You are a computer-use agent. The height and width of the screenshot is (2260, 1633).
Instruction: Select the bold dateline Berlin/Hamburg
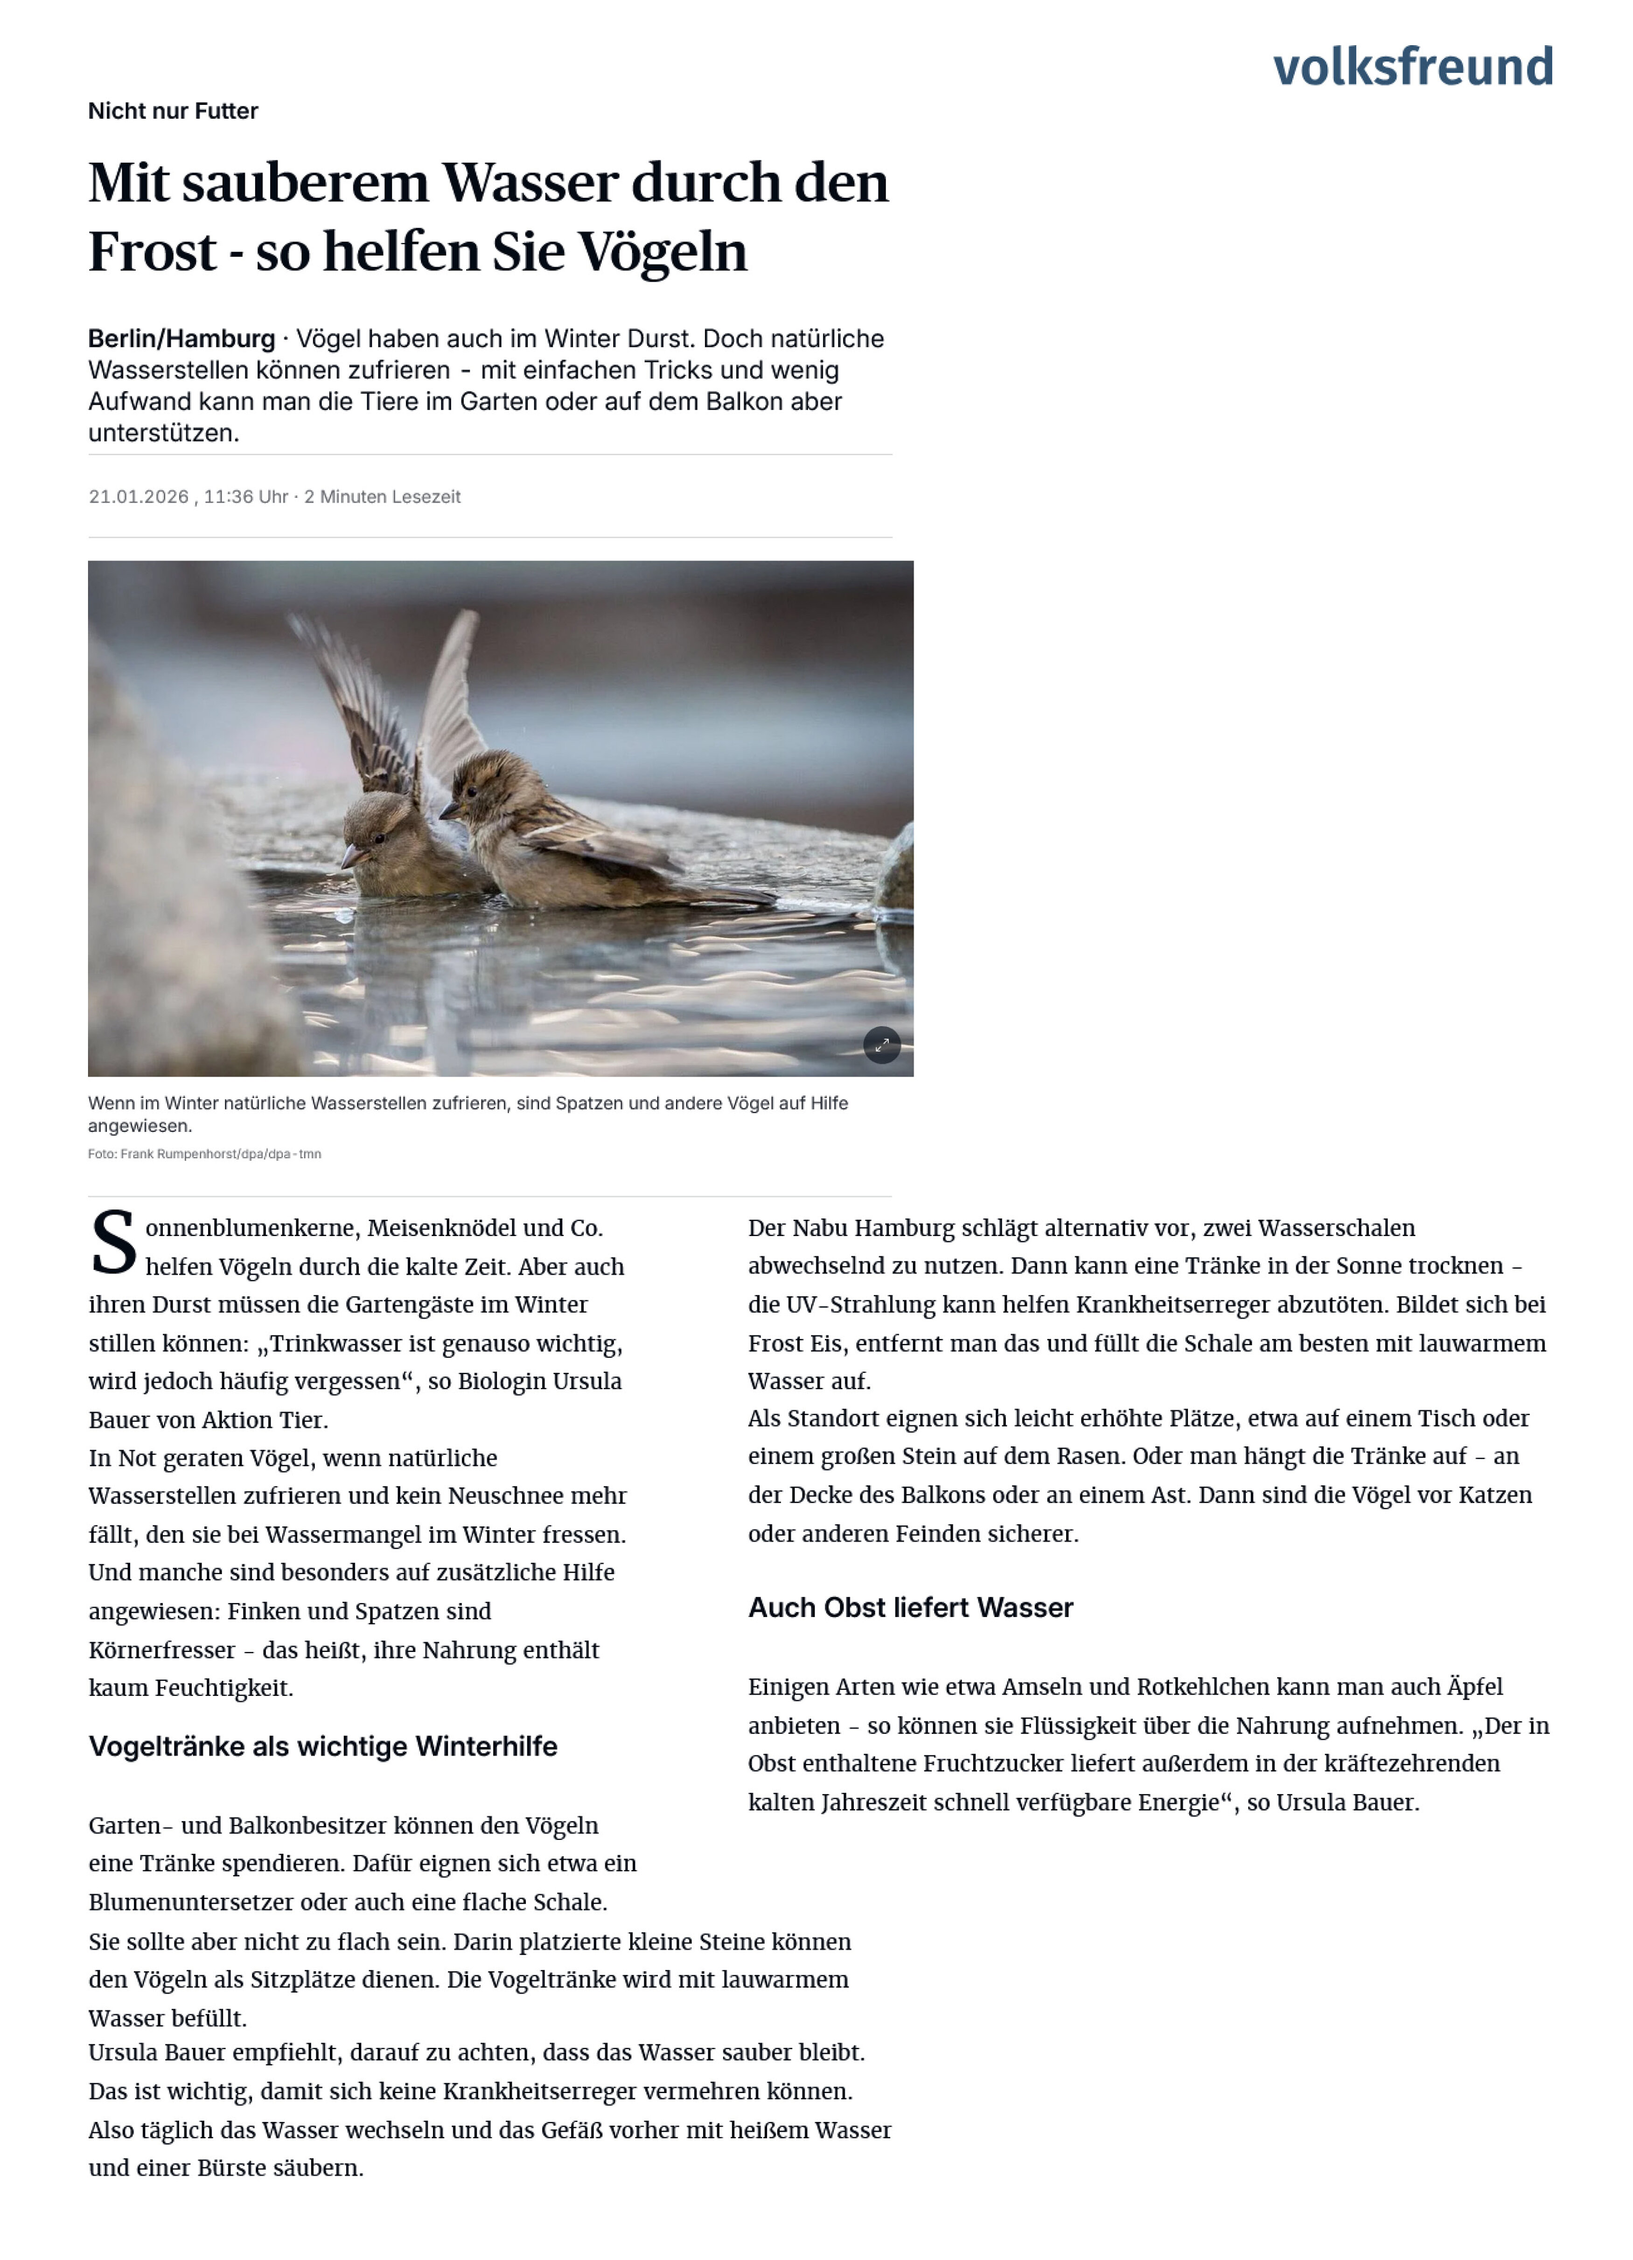[x=181, y=339]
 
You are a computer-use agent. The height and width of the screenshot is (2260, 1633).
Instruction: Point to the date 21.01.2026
[x=139, y=496]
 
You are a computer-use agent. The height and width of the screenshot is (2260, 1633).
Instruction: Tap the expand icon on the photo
[x=881, y=1045]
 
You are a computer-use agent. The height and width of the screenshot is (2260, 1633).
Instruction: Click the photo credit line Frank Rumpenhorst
[x=204, y=1154]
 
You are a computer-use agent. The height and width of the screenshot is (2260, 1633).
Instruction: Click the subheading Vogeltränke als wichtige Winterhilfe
[x=323, y=1746]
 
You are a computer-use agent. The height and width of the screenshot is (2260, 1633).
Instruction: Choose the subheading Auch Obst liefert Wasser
[x=910, y=1607]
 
